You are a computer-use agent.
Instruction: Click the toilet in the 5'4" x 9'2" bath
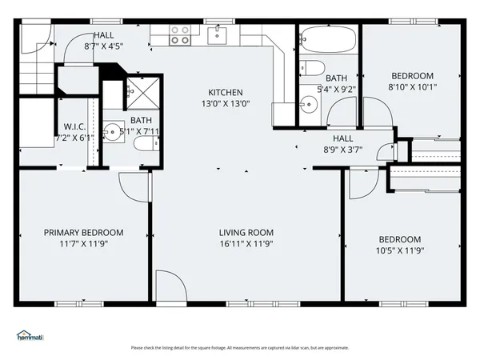pyautogui.click(x=314, y=67)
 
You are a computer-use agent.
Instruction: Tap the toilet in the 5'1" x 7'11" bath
pyautogui.click(x=143, y=143)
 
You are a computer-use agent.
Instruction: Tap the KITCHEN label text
pyautogui.click(x=226, y=92)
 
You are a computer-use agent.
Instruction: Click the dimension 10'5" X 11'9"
pyautogui.click(x=399, y=250)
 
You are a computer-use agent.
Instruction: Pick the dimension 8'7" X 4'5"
pyautogui.click(x=103, y=46)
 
